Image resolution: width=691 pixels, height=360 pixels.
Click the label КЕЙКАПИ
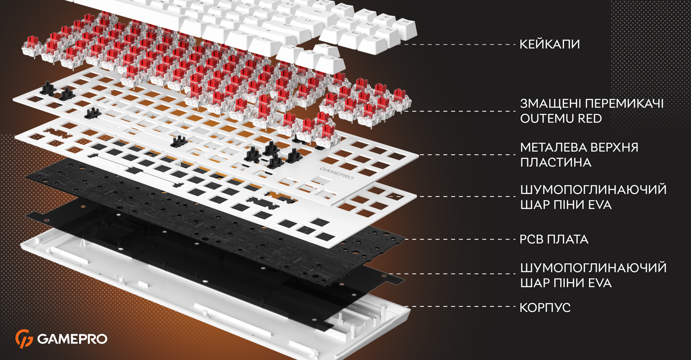[549, 44]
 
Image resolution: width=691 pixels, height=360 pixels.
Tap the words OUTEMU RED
[561, 118]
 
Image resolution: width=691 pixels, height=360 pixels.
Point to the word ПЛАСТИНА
[556, 162]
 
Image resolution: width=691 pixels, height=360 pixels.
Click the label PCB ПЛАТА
[554, 239]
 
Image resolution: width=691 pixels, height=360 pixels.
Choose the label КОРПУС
[545, 307]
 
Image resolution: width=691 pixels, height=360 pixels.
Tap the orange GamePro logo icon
[24, 339]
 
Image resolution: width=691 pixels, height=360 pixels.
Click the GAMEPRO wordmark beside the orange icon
[72, 339]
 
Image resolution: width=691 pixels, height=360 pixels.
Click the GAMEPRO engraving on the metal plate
[337, 173]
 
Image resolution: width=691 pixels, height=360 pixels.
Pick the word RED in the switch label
[590, 118]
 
